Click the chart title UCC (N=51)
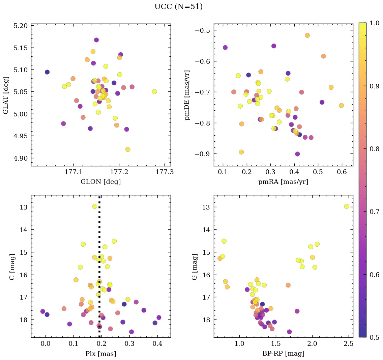[178, 7]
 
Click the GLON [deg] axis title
[100, 182]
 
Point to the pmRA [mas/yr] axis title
[283, 182]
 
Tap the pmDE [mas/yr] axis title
[187, 95]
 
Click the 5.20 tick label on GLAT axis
[20, 26]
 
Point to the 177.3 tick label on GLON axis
[165, 172]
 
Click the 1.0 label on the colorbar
[375, 23]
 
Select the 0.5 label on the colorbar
[375, 337]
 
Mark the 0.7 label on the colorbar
[375, 212]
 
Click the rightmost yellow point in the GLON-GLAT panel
[154, 92]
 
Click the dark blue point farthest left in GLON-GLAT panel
[47, 72]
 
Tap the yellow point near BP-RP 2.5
[347, 206]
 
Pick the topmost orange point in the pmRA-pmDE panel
[307, 35]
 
